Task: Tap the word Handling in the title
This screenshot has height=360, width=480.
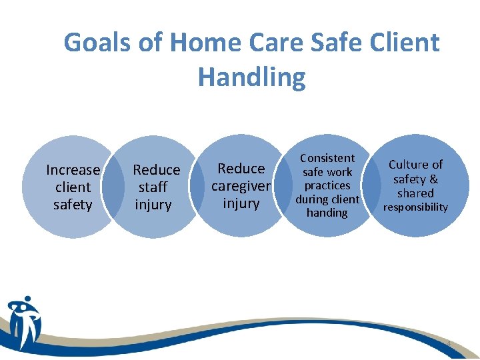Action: point(251,77)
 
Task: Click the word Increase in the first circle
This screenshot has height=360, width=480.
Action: point(73,170)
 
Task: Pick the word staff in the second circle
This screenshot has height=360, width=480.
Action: point(153,187)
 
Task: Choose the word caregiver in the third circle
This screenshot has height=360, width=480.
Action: point(241,185)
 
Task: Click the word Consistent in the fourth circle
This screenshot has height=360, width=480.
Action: point(327,158)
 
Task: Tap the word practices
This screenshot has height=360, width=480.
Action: point(327,185)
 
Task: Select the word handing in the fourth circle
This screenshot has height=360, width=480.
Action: point(327,213)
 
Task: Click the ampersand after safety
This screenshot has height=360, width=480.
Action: point(433,179)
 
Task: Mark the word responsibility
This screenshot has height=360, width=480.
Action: point(415,207)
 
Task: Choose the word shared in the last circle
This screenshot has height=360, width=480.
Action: point(415,193)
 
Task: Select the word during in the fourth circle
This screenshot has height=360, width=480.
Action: point(311,199)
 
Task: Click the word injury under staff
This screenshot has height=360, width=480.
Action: point(153,205)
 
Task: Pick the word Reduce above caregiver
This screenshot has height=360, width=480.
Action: point(241,168)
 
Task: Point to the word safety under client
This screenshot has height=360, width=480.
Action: point(73,205)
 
